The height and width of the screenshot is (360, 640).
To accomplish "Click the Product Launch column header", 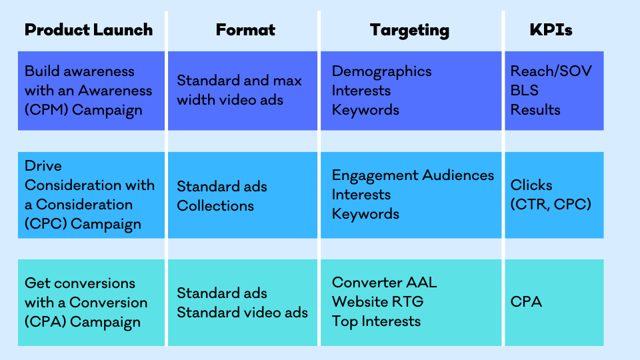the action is pyautogui.click(x=89, y=30).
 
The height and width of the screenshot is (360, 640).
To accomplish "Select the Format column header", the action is pyautogui.click(x=245, y=30).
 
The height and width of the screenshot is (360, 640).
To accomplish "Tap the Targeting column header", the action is pyautogui.click(x=409, y=31).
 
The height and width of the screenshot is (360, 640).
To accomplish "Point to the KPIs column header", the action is pyautogui.click(x=551, y=30).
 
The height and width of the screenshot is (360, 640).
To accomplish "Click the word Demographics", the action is pyautogui.click(x=381, y=71).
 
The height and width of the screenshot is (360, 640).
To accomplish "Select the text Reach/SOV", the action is pyautogui.click(x=551, y=71).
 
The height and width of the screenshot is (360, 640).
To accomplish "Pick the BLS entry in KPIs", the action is pyautogui.click(x=525, y=90).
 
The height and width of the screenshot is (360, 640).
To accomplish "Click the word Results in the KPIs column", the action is pyautogui.click(x=535, y=109).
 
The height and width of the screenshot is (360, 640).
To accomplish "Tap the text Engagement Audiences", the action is pyautogui.click(x=413, y=175).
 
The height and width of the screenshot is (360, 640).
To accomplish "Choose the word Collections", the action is pyautogui.click(x=215, y=206).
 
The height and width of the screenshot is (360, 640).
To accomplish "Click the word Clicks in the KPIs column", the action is pyautogui.click(x=531, y=185).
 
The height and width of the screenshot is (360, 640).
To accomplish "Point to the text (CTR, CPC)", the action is pyautogui.click(x=551, y=204).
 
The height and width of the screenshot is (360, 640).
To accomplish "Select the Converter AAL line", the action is pyautogui.click(x=385, y=282).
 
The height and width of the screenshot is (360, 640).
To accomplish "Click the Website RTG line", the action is pyautogui.click(x=378, y=301).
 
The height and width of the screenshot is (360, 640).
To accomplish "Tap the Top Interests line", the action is pyautogui.click(x=376, y=321).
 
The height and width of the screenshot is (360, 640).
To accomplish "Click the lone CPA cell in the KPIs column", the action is pyautogui.click(x=526, y=301).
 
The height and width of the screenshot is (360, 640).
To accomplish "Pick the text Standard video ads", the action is pyautogui.click(x=243, y=313).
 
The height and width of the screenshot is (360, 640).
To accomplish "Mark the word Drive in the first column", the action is pyautogui.click(x=43, y=166).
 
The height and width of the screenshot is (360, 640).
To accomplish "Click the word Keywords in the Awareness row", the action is pyautogui.click(x=365, y=110).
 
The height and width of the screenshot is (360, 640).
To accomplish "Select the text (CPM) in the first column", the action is pyautogui.click(x=46, y=110).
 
